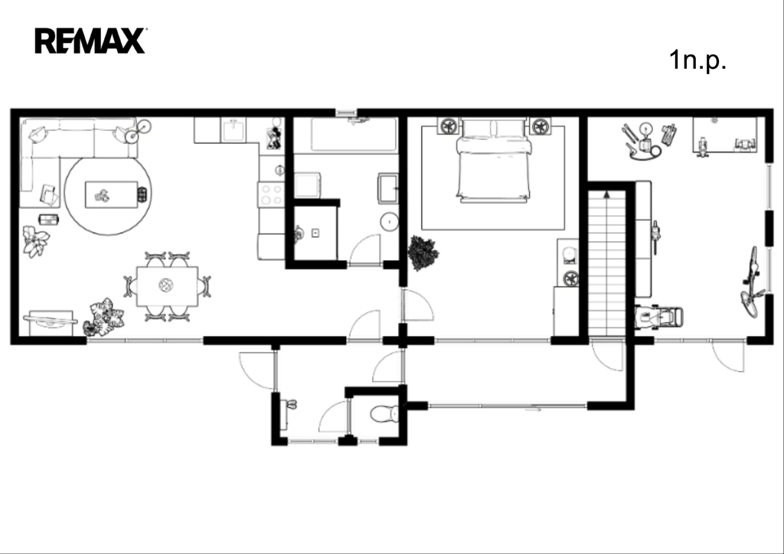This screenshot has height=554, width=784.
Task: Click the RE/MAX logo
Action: click(90, 41)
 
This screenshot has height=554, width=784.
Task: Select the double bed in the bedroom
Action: click(492, 161)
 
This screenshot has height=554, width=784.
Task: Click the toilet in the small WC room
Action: click(384, 414)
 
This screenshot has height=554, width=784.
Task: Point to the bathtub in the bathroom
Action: click(354, 135)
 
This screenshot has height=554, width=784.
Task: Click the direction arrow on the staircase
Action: click(607, 194)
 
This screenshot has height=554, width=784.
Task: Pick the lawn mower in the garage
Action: click(658, 317)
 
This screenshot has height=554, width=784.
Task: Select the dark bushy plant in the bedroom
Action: click(423, 253)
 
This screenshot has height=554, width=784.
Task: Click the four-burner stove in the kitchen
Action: click(270, 194)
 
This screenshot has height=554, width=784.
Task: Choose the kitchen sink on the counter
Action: click(234, 130)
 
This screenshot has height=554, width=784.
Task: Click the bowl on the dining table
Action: click(166, 285)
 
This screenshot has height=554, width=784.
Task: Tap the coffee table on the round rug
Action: click(111, 194)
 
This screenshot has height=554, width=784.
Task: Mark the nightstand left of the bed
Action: click(449, 126)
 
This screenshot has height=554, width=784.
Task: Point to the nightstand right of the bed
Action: click(540, 126)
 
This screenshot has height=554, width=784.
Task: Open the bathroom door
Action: click(364, 249)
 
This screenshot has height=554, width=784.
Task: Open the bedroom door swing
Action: click(417, 305)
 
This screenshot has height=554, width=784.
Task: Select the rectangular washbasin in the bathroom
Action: click(388, 188)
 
